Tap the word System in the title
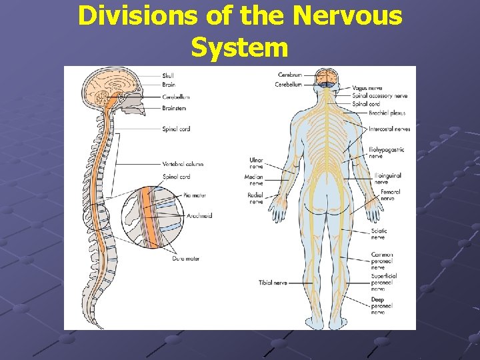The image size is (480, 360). click(x=239, y=47)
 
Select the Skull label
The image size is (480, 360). click(x=167, y=76)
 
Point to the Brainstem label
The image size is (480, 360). click(x=174, y=107)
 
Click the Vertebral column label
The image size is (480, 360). click(x=183, y=164)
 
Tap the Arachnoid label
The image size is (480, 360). click(x=199, y=216)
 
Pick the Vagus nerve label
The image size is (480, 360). click(x=367, y=87)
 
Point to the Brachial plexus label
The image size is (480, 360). click(x=387, y=113)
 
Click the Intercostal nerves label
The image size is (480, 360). click(x=389, y=129)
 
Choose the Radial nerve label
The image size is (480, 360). click(x=255, y=198)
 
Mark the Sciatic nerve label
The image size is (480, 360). click(x=379, y=234)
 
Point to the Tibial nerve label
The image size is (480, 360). click(x=273, y=283)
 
